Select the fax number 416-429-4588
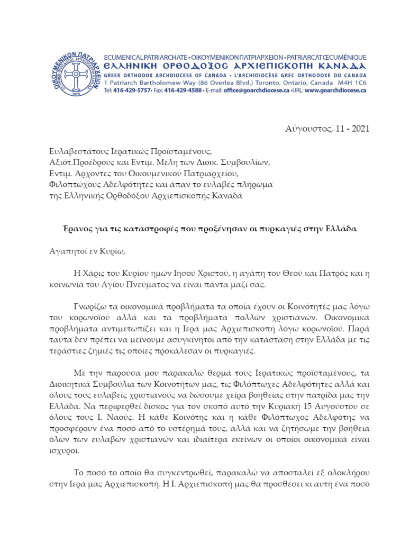(184, 90)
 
